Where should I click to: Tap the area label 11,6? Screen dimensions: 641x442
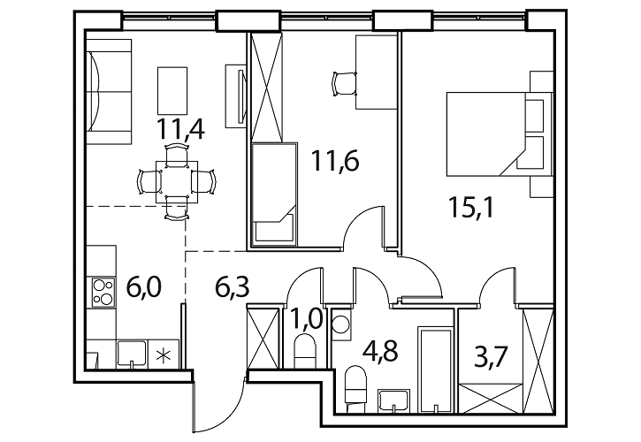pos(335,160)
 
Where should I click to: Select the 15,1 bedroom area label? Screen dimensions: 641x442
pos(471,208)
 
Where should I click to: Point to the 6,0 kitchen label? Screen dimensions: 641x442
pos(144,287)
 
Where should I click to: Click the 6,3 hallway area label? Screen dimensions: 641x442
pos(232,287)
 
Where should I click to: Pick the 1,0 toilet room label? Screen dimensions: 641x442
pos(306,319)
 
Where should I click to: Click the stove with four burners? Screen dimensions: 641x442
pos(103,293)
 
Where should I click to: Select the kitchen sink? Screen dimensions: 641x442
pos(132,353)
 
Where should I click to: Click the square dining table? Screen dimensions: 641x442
pos(177,181)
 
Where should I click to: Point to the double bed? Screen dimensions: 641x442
pos(500,134)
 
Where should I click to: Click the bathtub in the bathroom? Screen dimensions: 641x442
pos(436,370)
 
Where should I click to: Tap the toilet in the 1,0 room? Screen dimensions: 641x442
pos(305,352)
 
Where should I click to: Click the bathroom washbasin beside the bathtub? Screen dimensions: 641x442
pos(393,400)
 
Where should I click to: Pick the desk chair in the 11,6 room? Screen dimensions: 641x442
pos(344,84)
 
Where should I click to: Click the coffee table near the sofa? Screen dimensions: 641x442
pos(172,91)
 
